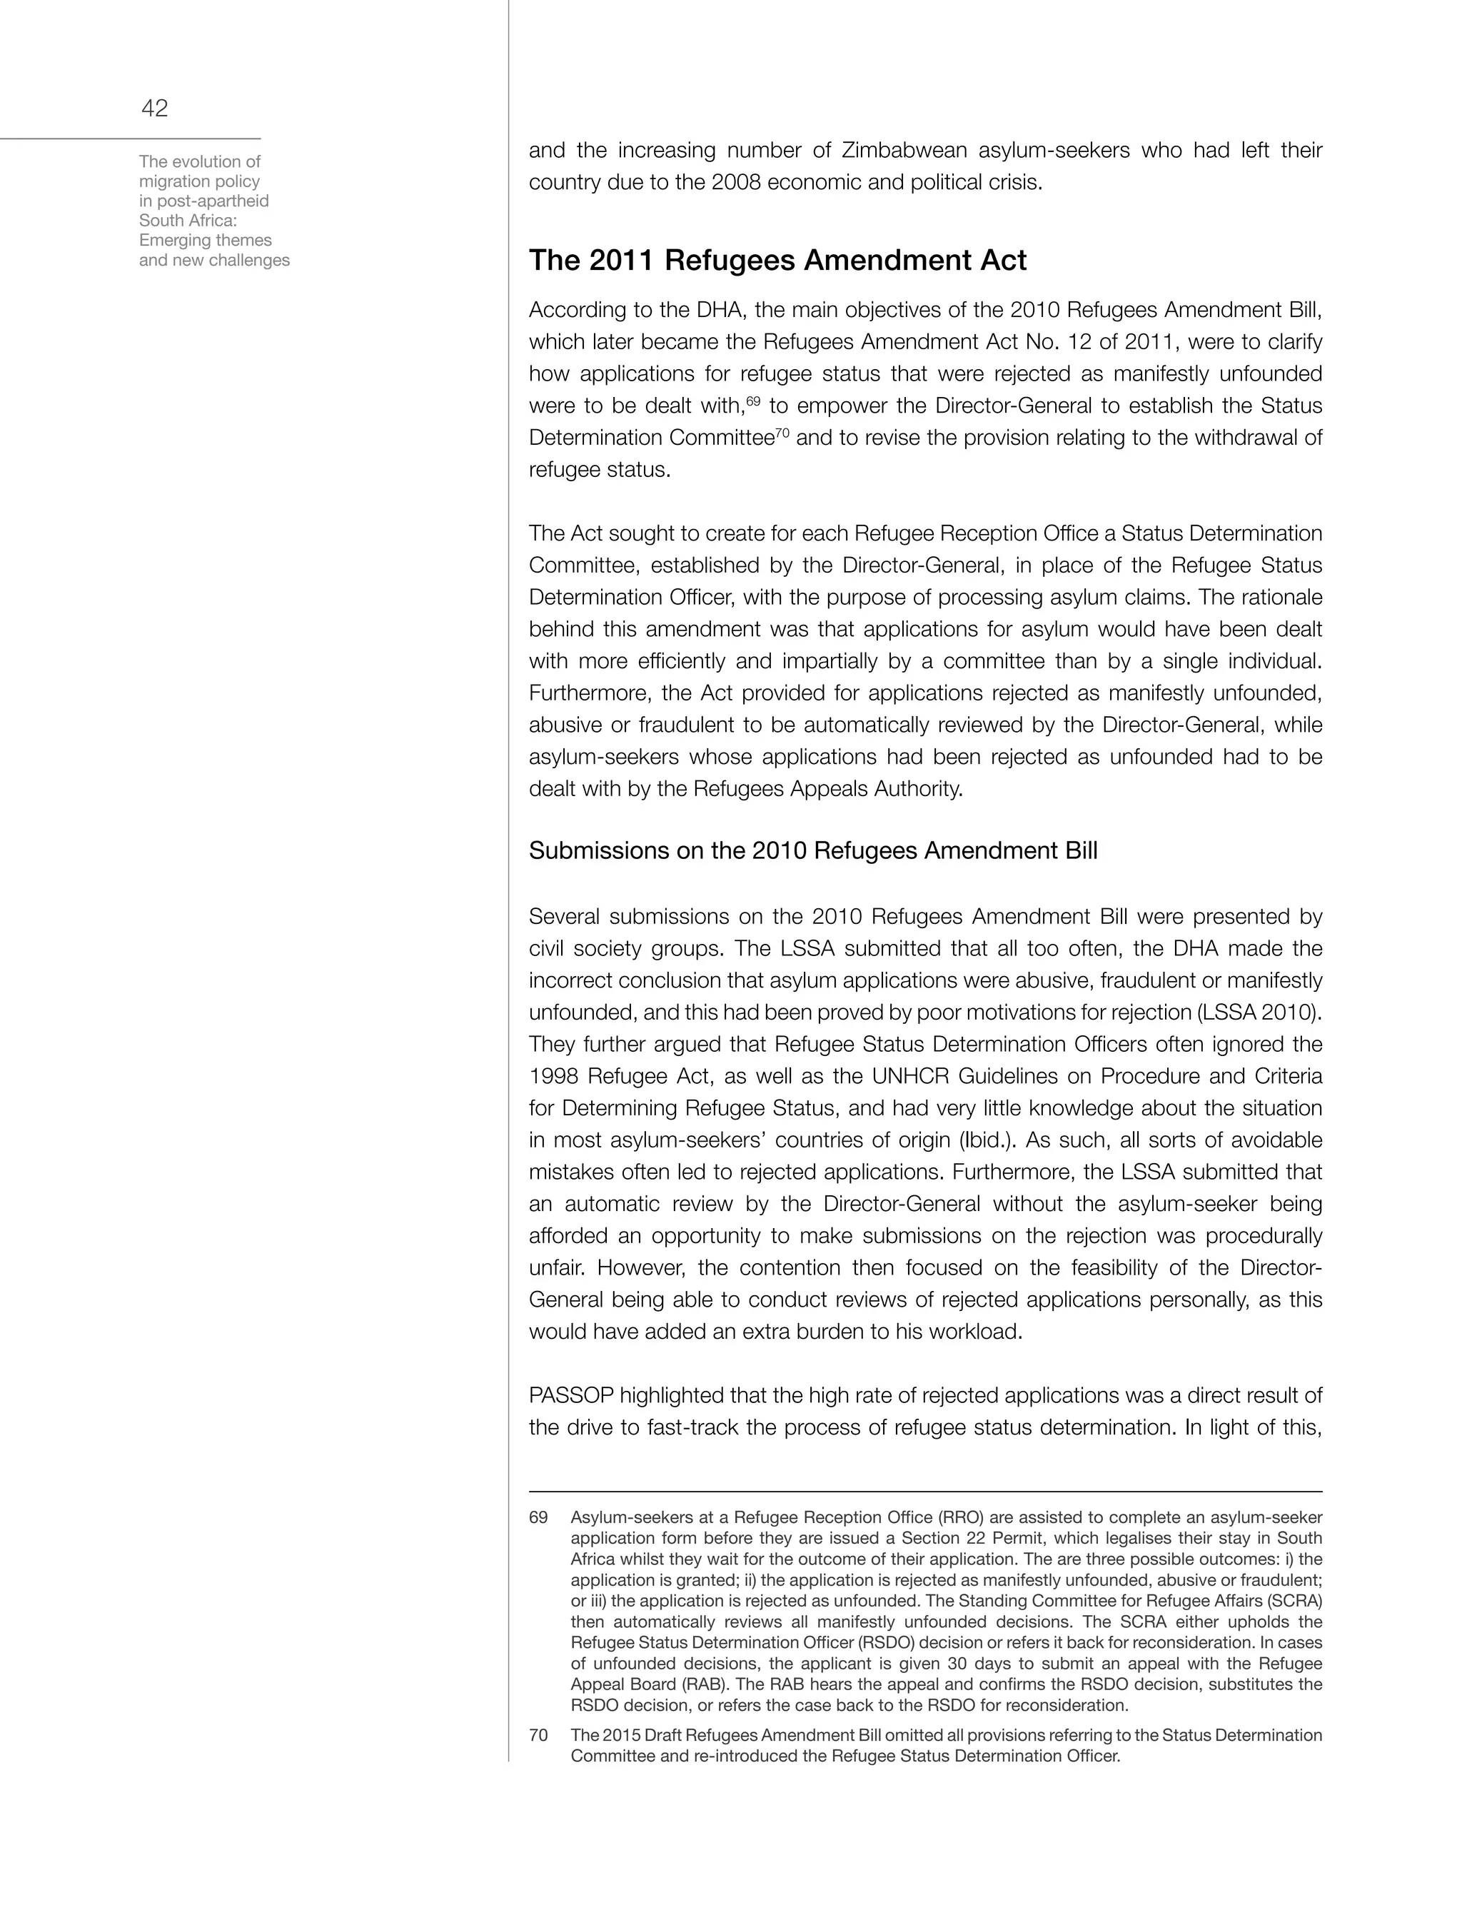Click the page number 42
[x=154, y=109]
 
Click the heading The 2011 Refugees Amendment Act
[x=777, y=261]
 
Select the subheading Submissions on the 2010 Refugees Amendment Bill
[x=813, y=850]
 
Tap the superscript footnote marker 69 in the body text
[x=754, y=401]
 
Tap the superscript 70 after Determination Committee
[x=782, y=433]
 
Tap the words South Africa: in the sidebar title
[x=182, y=220]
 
